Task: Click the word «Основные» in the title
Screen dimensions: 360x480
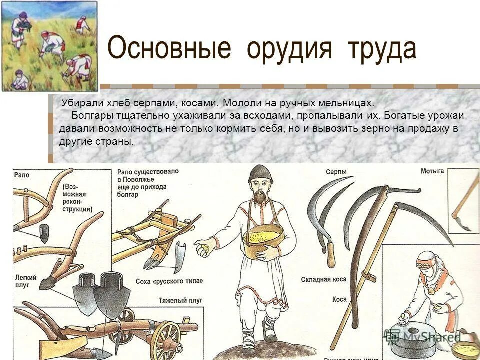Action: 169,49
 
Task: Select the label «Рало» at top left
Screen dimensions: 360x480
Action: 22,175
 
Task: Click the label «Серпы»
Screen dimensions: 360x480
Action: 336,171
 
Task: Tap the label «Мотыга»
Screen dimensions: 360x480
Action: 432,171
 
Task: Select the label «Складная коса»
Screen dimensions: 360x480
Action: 324,280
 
